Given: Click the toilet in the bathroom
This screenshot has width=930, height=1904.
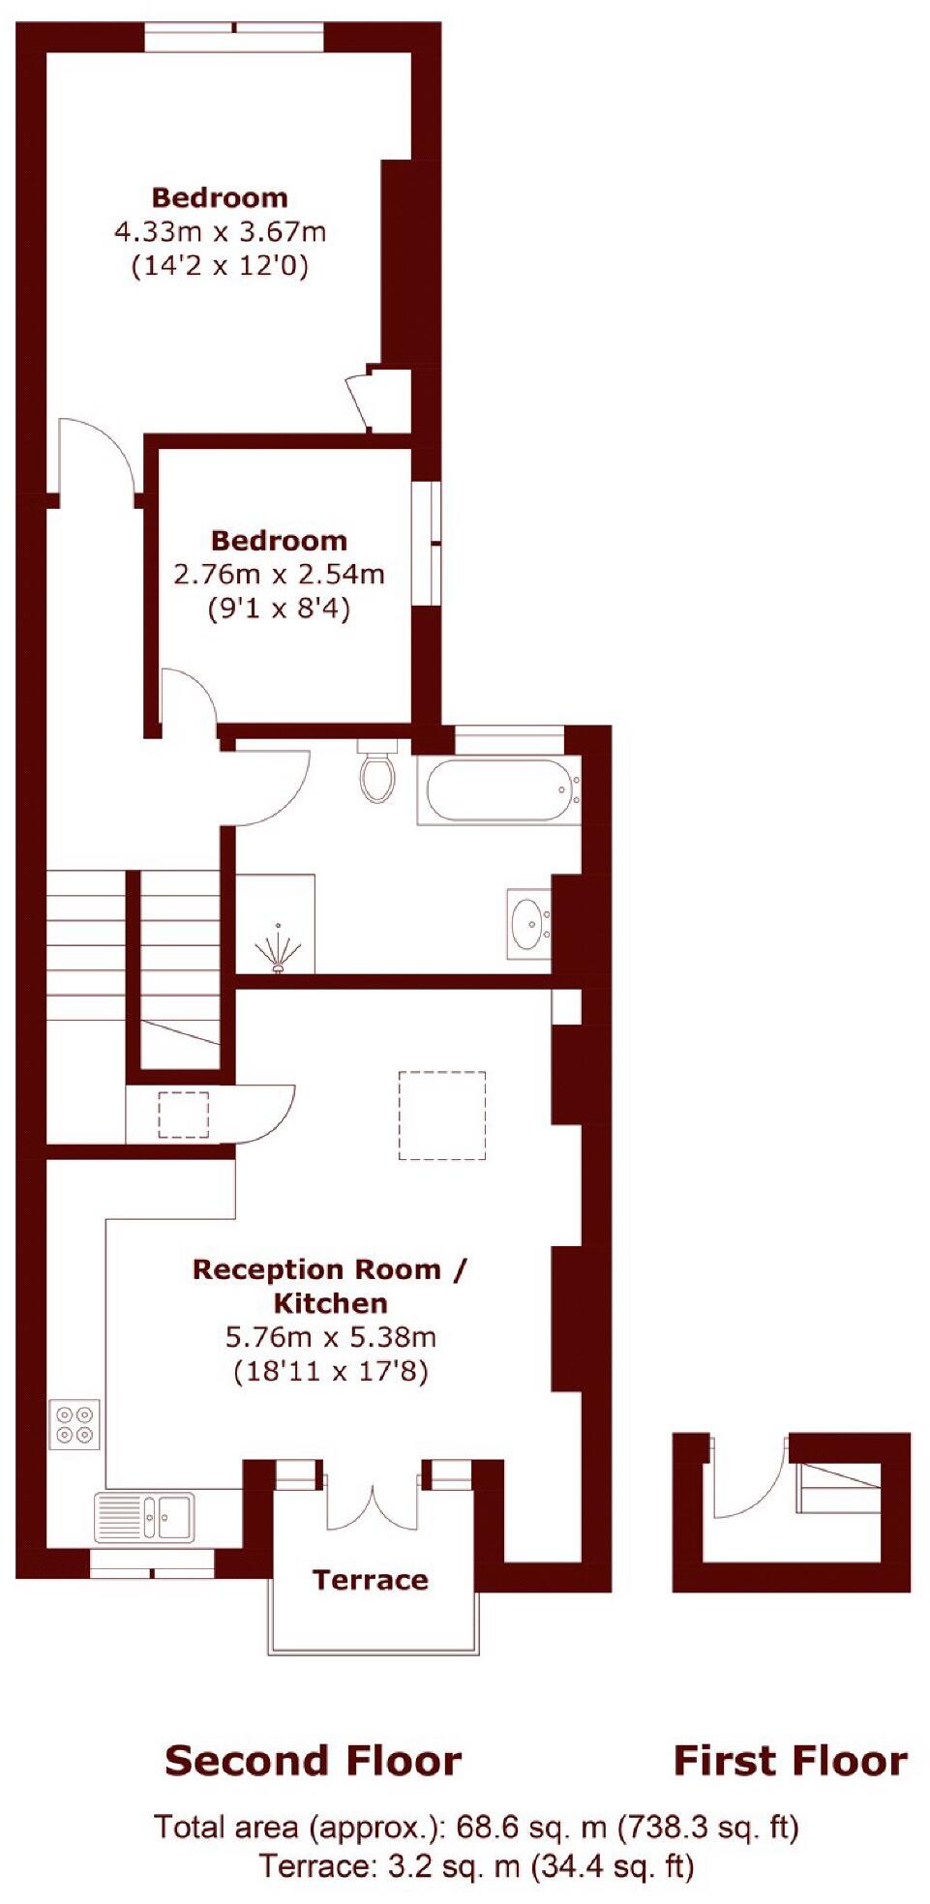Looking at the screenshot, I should click(376, 773).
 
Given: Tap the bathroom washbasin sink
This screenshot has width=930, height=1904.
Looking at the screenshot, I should click(528, 923).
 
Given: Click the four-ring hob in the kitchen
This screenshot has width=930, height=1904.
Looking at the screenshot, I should click(75, 1424).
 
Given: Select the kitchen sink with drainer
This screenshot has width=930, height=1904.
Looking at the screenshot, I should click(143, 1516).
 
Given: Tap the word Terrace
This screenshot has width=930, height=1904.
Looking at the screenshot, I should click(370, 1580).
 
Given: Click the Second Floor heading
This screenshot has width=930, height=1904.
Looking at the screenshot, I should click(313, 1761).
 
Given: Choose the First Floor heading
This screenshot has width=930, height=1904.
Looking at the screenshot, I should click(790, 1761).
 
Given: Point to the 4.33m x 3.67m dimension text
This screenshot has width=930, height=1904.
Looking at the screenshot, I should click(220, 232).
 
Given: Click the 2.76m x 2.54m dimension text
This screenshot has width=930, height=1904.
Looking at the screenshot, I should click(279, 575).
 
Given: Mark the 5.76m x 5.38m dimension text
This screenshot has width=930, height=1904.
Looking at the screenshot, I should click(330, 1337).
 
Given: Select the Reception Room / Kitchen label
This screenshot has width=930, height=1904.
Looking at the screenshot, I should click(330, 1286).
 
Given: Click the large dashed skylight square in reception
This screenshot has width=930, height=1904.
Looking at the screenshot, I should click(442, 1115).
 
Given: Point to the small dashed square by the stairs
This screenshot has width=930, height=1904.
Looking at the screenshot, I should click(184, 1115).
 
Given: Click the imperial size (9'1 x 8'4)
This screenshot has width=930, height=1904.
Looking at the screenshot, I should click(279, 610).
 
